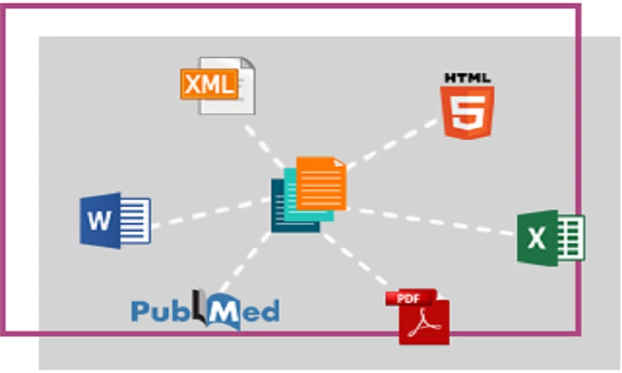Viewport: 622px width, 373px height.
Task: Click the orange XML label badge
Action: click(x=208, y=83)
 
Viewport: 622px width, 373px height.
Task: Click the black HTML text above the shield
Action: click(x=467, y=78)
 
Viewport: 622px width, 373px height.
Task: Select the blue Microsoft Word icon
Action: click(x=115, y=220)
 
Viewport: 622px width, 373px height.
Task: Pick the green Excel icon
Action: click(x=550, y=237)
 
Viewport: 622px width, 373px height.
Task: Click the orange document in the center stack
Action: click(x=321, y=183)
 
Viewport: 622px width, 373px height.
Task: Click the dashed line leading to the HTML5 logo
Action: click(x=393, y=143)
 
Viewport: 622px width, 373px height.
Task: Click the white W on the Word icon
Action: click(x=100, y=221)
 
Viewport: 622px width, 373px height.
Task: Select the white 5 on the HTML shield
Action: click(x=467, y=113)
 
